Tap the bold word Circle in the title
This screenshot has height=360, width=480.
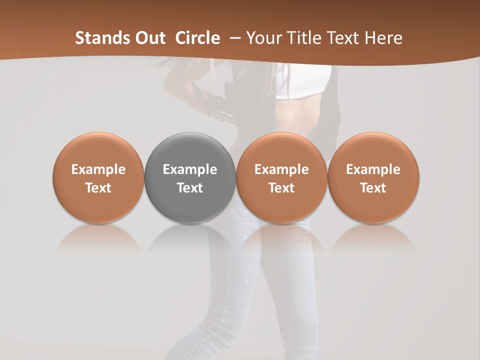pyautogui.click(x=197, y=38)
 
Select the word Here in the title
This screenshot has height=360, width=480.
pyautogui.click(x=384, y=38)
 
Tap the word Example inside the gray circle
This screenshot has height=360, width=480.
pyautogui.click(x=189, y=169)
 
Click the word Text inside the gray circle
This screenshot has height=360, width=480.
pyautogui.click(x=189, y=188)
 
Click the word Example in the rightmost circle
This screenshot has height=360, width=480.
pyautogui.click(x=373, y=169)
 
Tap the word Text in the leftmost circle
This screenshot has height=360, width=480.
pyautogui.click(x=98, y=188)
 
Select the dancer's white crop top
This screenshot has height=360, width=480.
pyautogui.click(x=303, y=82)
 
